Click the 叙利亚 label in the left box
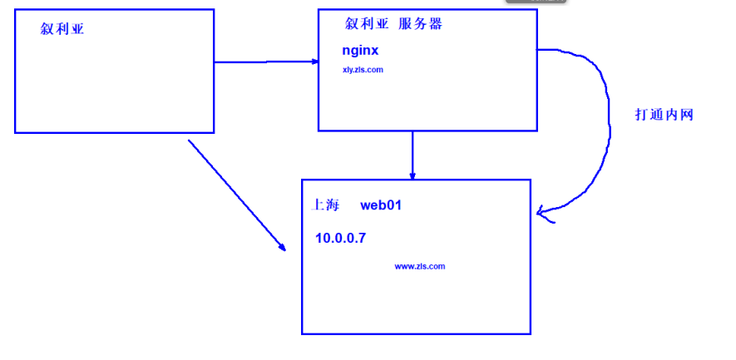point(62,30)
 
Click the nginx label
point(360,51)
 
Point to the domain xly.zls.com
point(363,70)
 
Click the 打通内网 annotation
point(664,116)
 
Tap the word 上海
point(325,205)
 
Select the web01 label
point(381,205)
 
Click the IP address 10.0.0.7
point(340,239)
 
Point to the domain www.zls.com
point(420,266)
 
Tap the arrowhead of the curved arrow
point(543,213)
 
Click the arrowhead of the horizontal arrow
point(314,62)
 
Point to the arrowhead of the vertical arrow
point(412,175)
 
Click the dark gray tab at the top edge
point(536,2)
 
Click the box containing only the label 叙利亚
point(114,83)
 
